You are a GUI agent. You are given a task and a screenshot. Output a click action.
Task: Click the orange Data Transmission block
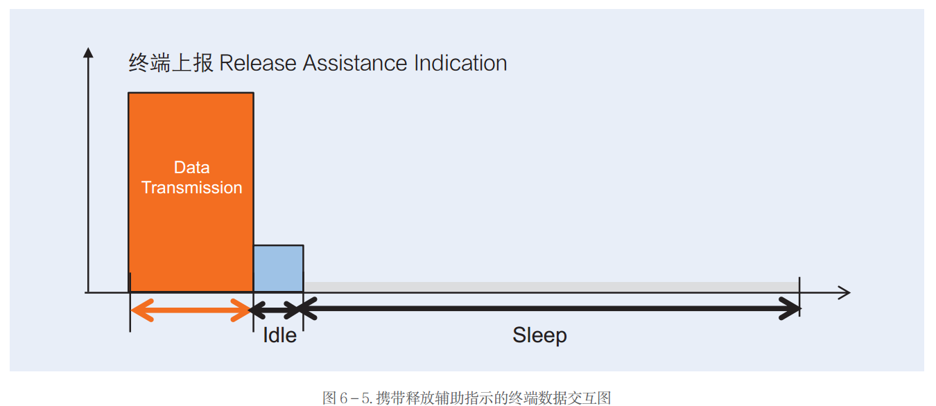tap(191, 229)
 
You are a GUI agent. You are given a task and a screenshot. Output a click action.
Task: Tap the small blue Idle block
tap(278, 269)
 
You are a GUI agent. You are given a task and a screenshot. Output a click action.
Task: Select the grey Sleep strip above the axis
tap(551, 287)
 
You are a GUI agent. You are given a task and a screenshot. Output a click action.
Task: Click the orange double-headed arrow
tap(191, 309)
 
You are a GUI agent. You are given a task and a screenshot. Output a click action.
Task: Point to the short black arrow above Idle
tap(278, 309)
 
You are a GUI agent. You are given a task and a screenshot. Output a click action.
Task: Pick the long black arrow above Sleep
tap(551, 309)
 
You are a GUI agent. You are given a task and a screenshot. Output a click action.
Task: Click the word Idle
tap(279, 335)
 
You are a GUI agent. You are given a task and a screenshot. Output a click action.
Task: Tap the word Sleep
tap(539, 335)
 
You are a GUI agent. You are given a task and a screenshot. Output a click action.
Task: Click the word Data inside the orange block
tap(191, 168)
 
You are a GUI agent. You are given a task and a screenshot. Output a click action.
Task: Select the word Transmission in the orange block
tap(191, 188)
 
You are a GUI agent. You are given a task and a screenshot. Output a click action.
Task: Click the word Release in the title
tap(258, 63)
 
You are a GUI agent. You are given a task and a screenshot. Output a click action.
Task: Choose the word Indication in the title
tap(460, 63)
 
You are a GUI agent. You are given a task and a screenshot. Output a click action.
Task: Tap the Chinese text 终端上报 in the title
tap(171, 63)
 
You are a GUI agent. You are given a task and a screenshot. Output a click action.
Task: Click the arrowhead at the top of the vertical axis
tap(88, 52)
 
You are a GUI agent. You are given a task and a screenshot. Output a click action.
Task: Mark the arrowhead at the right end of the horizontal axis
tap(844, 292)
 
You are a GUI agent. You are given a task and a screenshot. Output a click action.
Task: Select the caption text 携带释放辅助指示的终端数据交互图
tap(494, 398)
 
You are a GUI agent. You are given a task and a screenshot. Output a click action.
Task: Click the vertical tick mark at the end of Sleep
tap(799, 297)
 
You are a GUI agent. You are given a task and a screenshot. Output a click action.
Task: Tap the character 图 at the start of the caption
tap(329, 398)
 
